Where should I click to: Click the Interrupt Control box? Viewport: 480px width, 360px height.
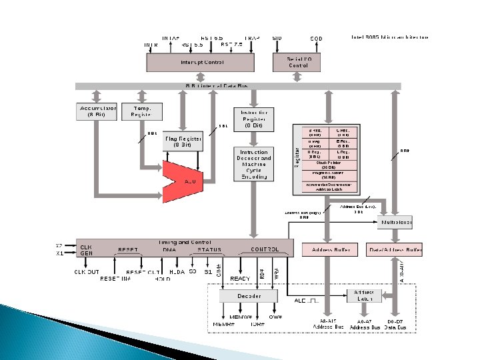(x=200, y=62)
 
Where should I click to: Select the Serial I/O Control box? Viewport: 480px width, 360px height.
(x=298, y=62)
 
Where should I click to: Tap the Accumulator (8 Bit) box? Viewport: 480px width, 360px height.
(x=98, y=111)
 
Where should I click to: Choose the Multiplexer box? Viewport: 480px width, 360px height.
(x=395, y=221)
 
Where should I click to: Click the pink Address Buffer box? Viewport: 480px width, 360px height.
(x=329, y=250)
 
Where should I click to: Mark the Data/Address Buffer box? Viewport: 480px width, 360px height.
(x=395, y=250)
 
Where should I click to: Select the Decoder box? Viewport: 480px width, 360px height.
(x=249, y=295)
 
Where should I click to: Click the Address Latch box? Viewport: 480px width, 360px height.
(x=364, y=295)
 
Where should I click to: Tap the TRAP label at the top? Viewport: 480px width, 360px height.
(x=252, y=38)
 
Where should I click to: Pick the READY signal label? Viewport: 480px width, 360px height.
(x=240, y=279)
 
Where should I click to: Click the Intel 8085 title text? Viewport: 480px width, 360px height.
(x=390, y=37)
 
